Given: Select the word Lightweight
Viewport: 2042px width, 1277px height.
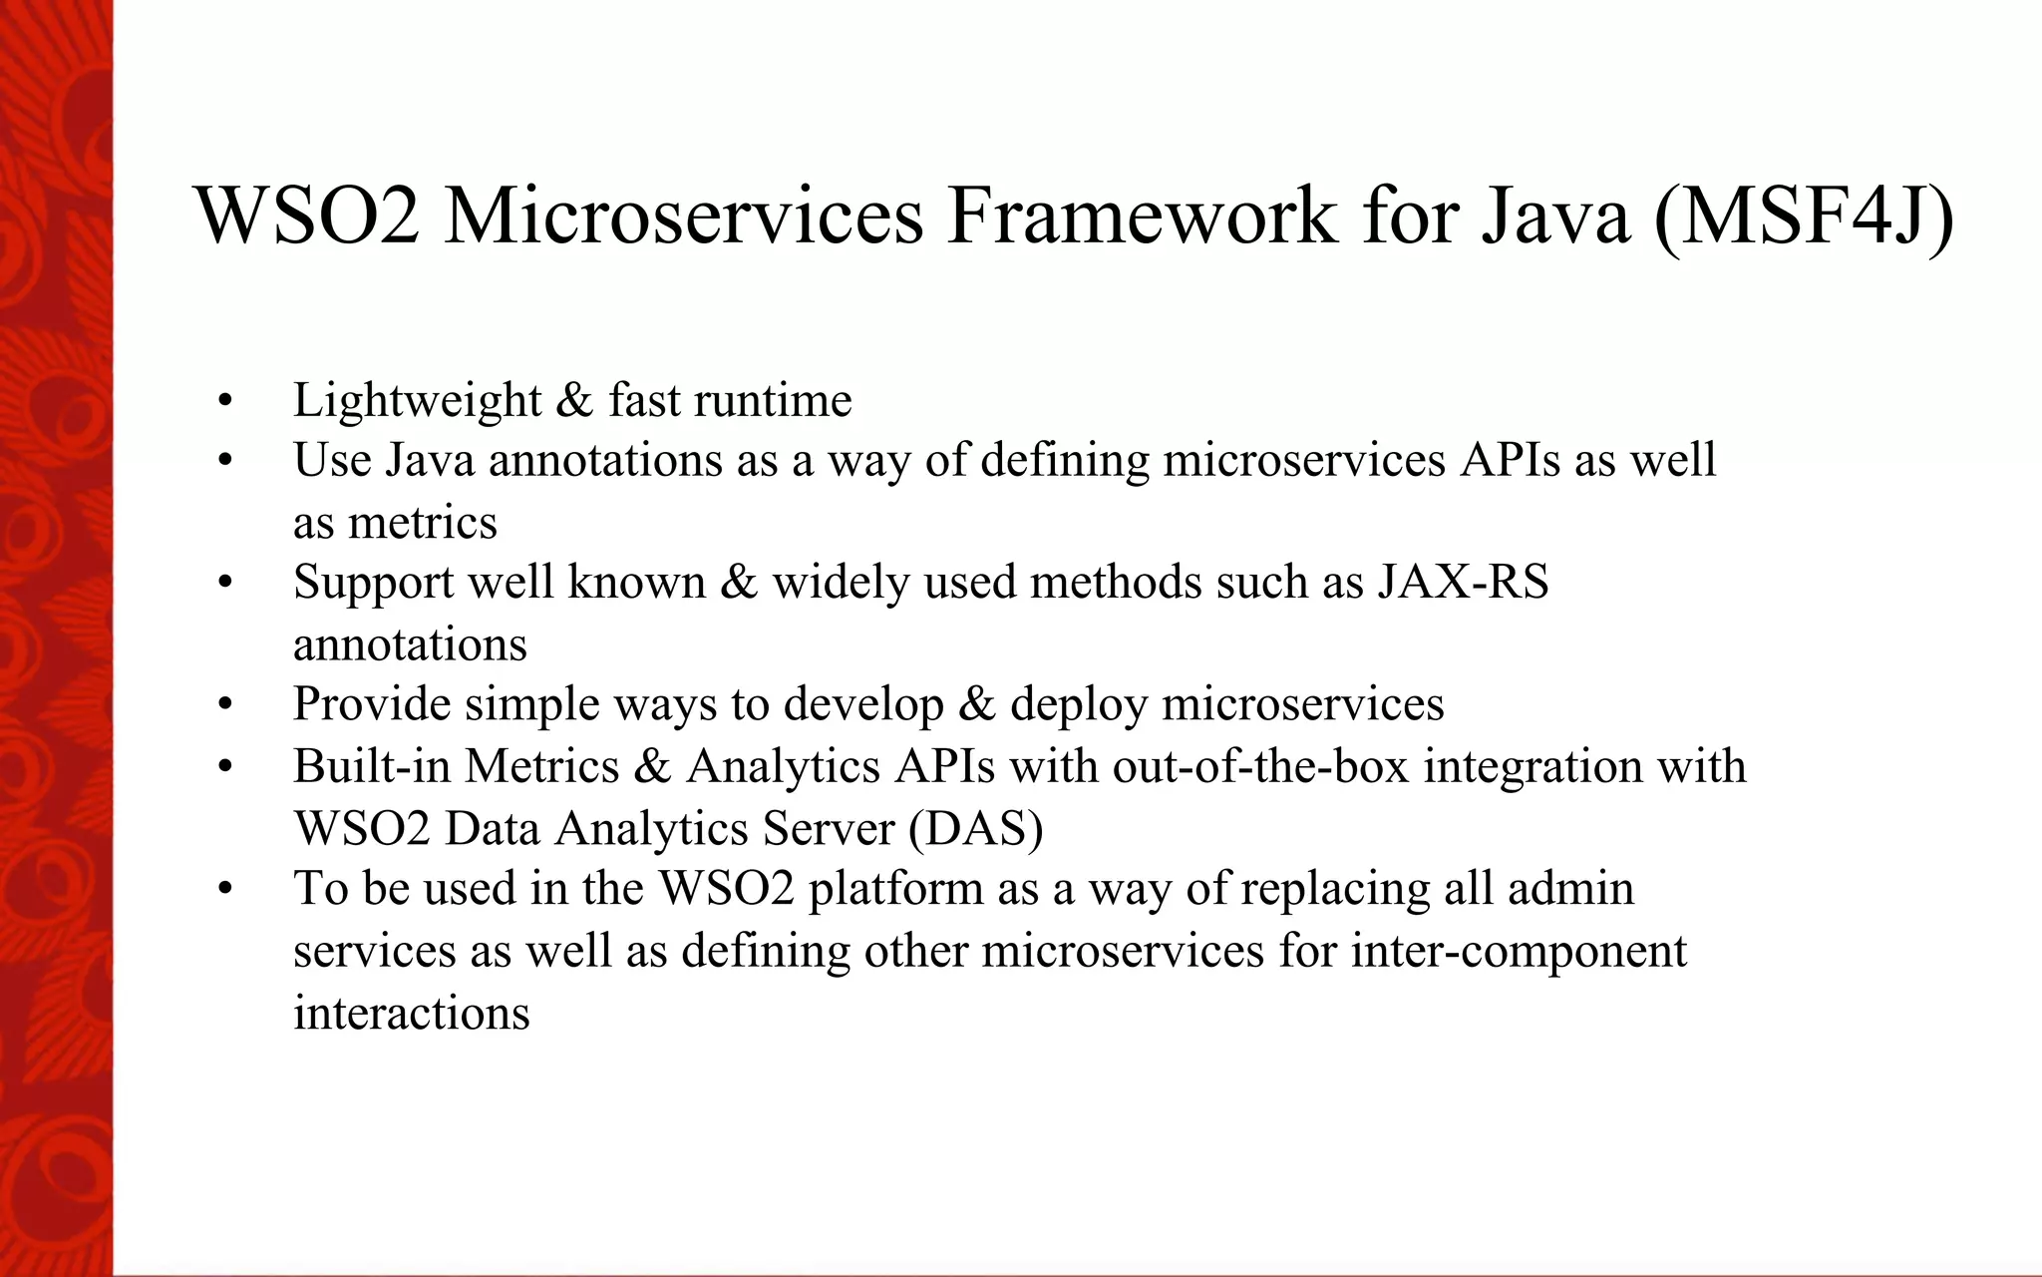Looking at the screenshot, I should (417, 401).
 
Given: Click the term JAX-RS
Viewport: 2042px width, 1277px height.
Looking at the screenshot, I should (1463, 582).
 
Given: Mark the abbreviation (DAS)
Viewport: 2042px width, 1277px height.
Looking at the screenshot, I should (975, 828).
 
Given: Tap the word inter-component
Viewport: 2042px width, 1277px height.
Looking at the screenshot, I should (1519, 951).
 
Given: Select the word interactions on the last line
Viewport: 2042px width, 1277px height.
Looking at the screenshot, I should (411, 1013).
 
